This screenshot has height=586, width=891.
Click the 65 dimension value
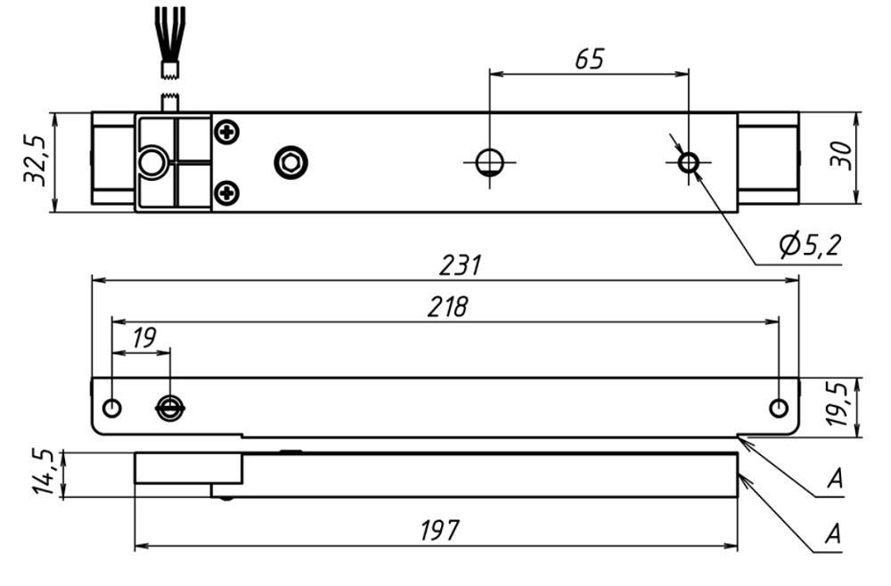589,60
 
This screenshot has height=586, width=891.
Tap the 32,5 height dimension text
35,161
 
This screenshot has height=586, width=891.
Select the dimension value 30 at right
840,156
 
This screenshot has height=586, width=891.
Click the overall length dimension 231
462,265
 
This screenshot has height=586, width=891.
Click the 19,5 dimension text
839,404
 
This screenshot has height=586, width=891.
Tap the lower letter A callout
835,533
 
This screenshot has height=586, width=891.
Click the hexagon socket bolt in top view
290,162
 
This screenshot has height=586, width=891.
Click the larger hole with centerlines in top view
489,162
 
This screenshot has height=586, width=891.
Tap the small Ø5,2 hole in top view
688,162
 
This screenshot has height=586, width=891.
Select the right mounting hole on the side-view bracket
779,408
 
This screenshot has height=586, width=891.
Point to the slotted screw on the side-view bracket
169,408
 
